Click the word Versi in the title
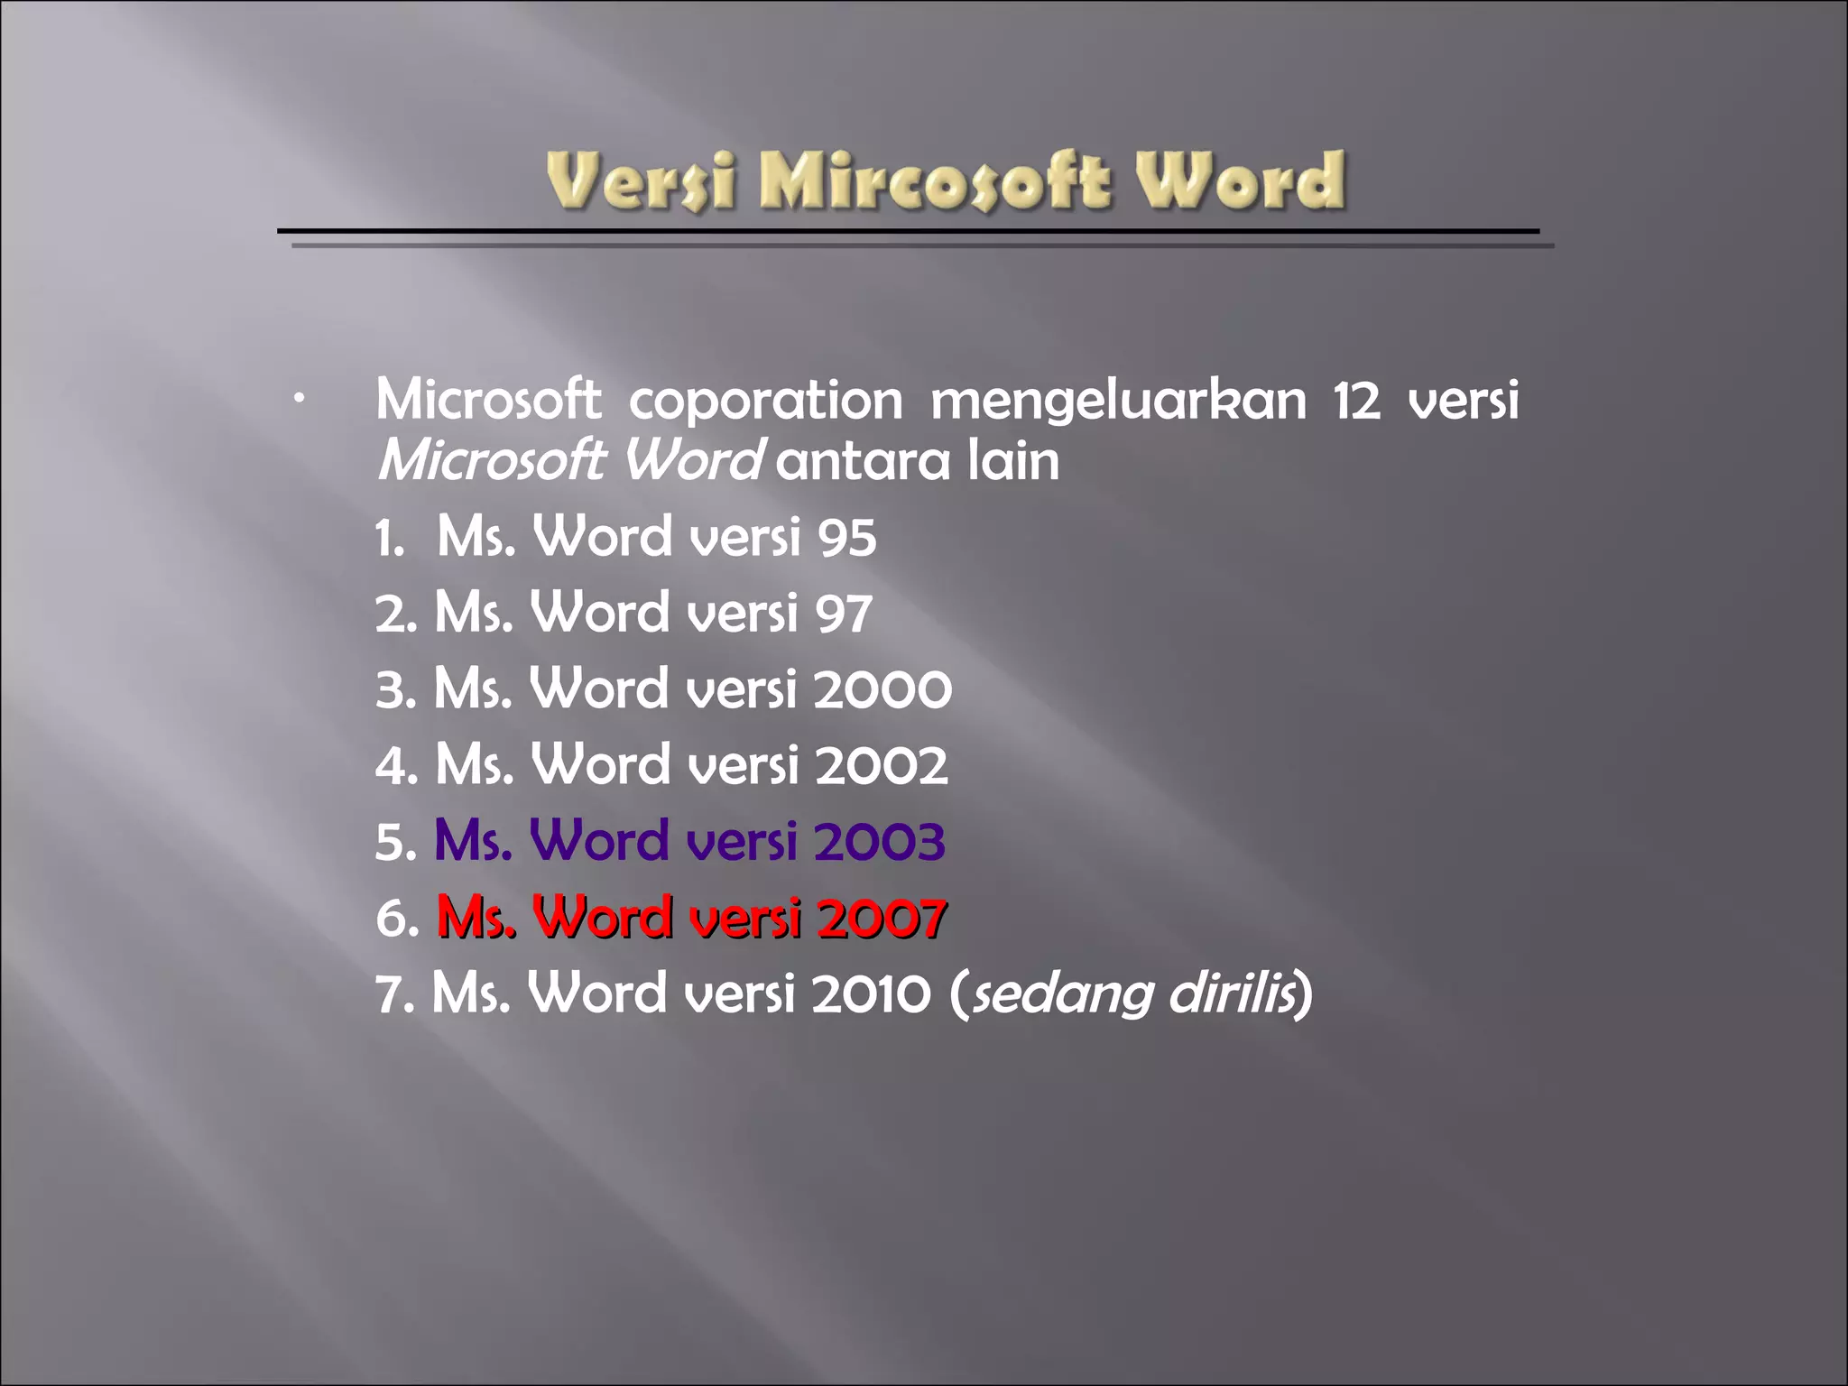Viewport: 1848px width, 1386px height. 641,181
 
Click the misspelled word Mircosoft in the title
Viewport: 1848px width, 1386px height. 934,181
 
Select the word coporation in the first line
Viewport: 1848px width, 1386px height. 765,400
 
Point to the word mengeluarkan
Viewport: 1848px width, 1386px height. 1118,400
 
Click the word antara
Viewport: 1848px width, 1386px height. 863,462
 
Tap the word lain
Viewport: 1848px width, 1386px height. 1013,461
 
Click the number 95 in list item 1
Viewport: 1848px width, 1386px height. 846,538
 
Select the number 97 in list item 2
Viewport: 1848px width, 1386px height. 844,614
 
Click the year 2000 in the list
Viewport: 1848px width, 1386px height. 882,690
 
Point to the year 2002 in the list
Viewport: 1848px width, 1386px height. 881,766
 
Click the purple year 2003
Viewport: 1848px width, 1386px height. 879,842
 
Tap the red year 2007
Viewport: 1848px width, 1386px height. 880,918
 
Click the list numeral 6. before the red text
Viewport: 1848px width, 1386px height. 396,919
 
